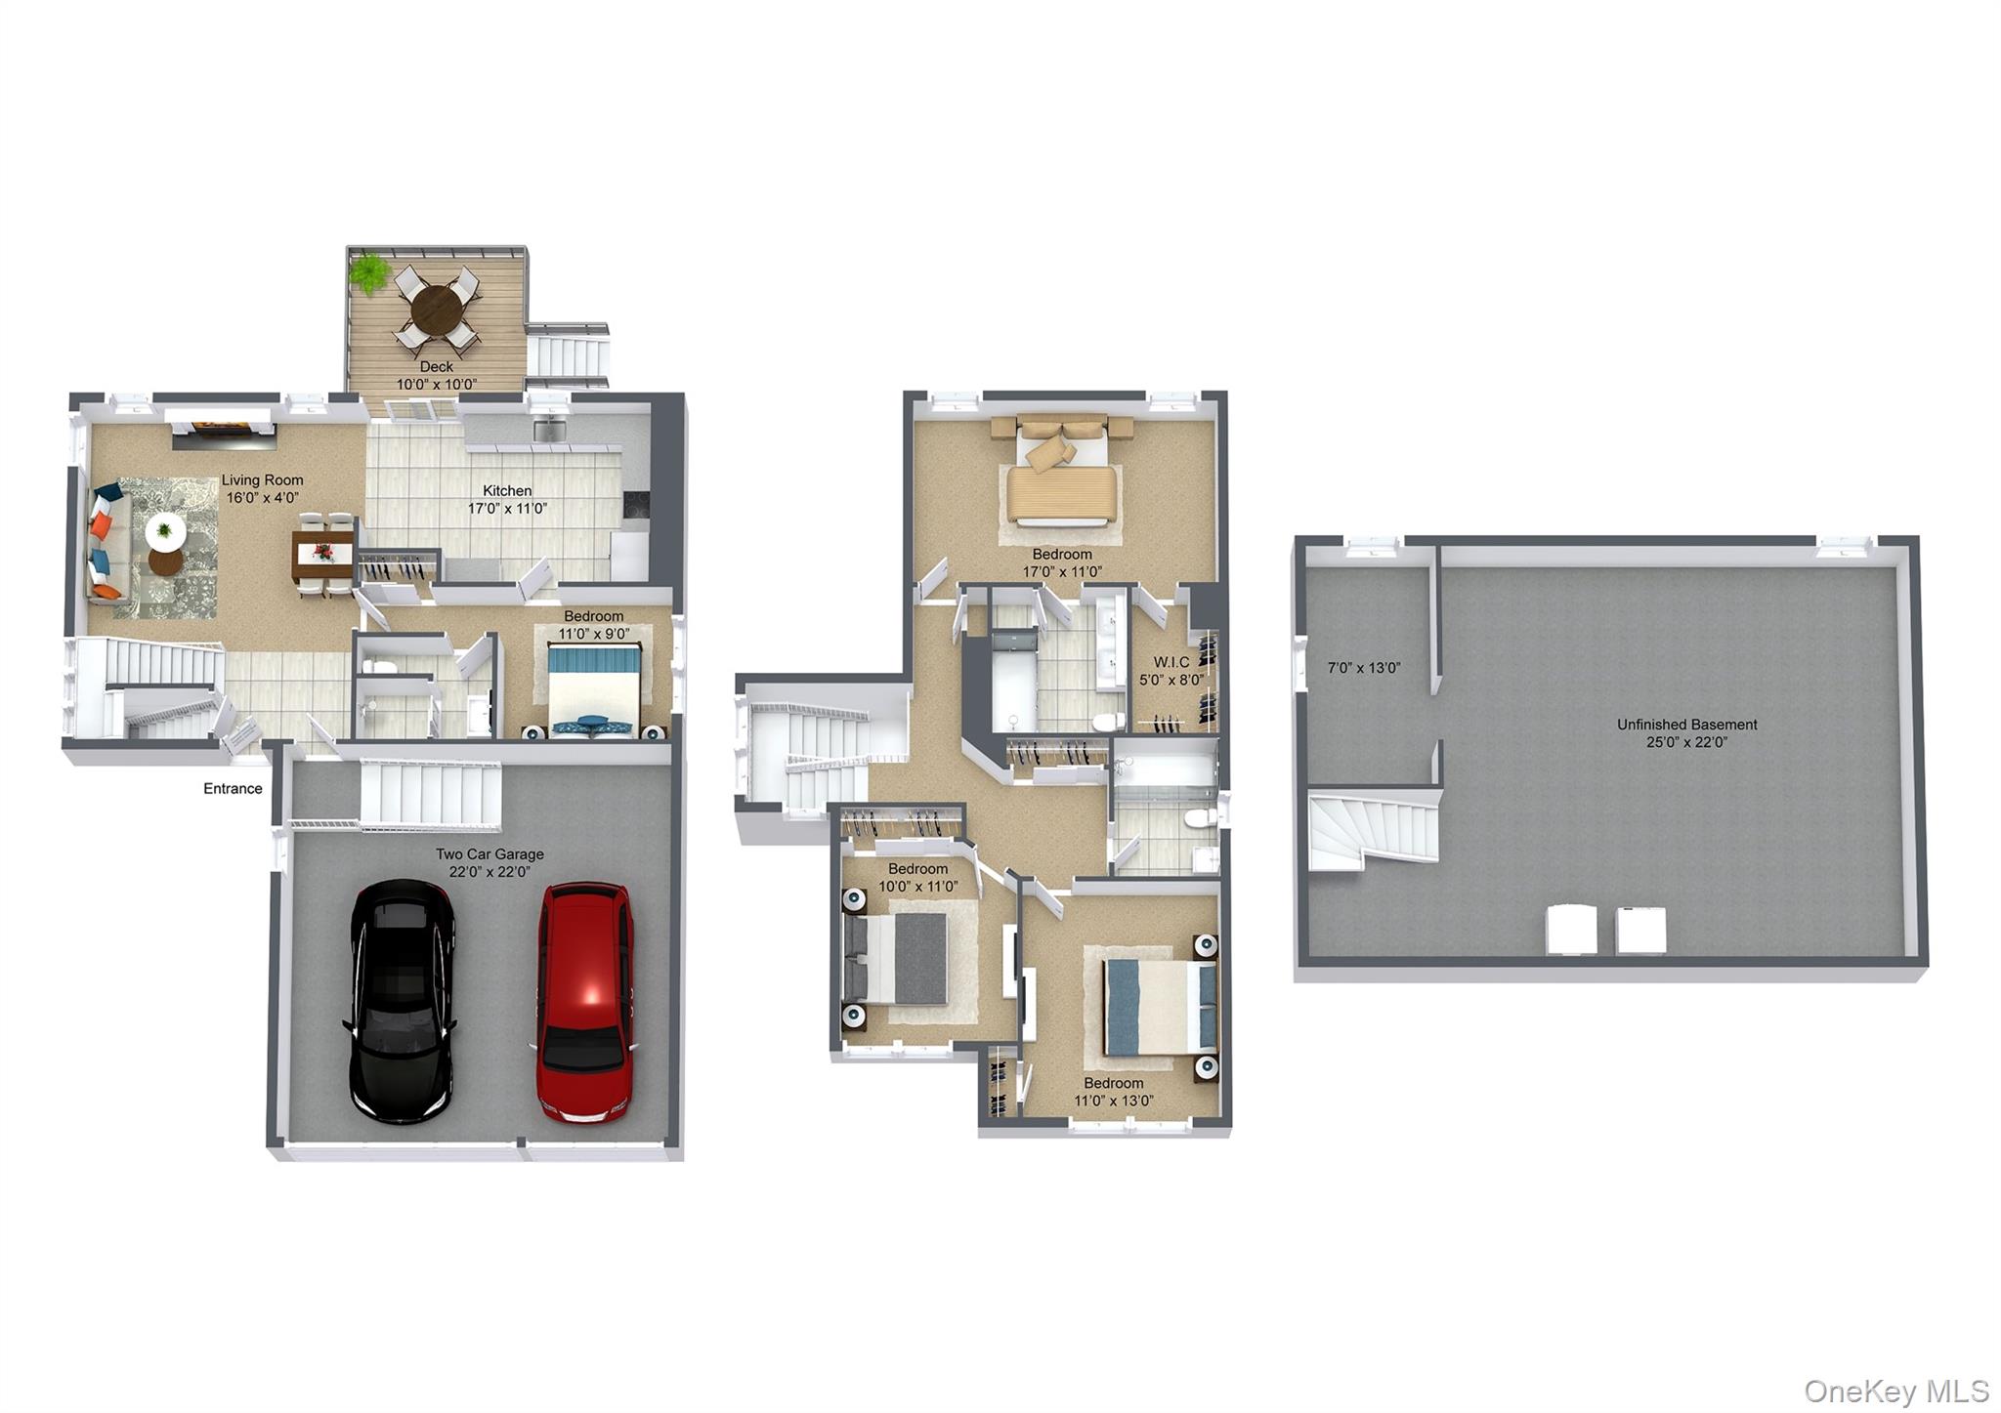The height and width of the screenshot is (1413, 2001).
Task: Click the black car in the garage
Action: point(401,1001)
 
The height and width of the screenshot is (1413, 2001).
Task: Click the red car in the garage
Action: point(585,1002)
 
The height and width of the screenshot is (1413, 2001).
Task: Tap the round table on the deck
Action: point(437,310)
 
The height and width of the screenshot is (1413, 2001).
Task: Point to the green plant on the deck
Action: point(370,272)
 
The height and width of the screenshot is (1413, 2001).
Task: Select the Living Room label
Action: point(262,479)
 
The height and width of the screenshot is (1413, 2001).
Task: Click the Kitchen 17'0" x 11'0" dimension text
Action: point(507,508)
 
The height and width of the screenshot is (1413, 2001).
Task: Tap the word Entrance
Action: point(233,788)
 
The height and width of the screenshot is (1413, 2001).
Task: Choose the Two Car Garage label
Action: point(490,853)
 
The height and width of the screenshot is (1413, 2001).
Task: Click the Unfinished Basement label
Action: point(1686,724)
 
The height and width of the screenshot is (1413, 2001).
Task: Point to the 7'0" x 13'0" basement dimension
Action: point(1364,668)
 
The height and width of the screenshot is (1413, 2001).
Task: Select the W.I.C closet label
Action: point(1171,662)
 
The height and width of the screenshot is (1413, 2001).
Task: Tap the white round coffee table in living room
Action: point(165,531)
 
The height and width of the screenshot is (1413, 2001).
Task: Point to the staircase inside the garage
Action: point(431,795)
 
